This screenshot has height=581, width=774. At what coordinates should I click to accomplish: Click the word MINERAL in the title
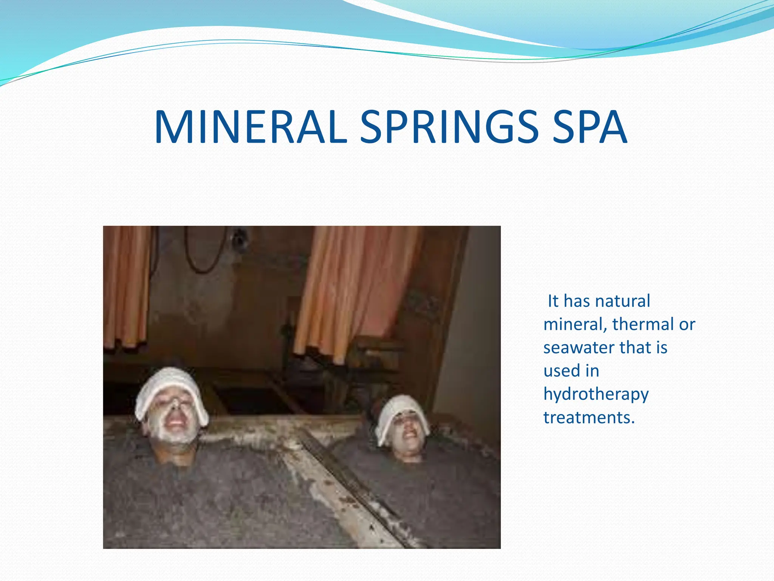click(x=250, y=127)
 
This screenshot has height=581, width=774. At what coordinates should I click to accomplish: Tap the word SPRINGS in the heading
click(x=449, y=127)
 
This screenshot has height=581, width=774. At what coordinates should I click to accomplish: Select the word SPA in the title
click(x=590, y=127)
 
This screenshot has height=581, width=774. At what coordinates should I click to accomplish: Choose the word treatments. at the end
click(x=589, y=418)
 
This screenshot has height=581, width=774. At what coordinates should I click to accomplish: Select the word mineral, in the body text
click(x=575, y=324)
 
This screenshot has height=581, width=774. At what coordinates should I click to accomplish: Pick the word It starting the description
click(x=553, y=301)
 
